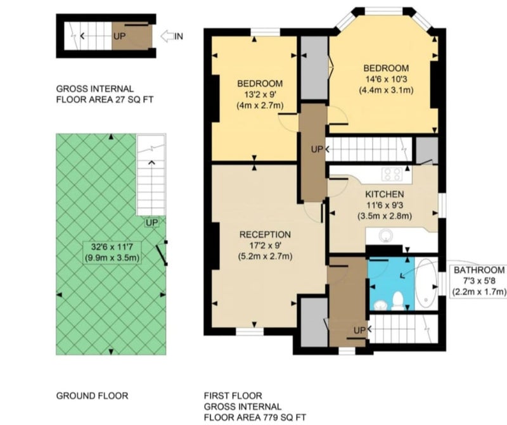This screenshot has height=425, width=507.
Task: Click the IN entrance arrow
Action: click(167, 36)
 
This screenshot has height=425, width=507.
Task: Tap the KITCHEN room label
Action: click(385, 194)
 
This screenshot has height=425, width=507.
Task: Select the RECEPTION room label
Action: click(265, 234)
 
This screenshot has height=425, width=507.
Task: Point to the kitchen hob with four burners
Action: click(392, 174)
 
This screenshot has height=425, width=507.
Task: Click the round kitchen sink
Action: click(385, 235)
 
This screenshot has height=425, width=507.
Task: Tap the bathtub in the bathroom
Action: click(425, 284)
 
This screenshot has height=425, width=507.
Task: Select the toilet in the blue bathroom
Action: click(397, 300)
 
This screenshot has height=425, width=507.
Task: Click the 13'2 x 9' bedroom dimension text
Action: click(260, 94)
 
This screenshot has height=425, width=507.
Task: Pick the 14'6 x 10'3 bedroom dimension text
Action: click(386, 79)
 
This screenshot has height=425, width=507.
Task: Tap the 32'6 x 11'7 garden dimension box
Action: click(112, 253)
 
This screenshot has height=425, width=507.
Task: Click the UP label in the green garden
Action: click(151, 223)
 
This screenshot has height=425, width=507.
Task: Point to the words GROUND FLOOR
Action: click(92, 396)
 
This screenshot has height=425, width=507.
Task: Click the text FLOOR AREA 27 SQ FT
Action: click(105, 99)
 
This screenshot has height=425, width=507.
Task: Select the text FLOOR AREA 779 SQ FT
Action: click(255, 417)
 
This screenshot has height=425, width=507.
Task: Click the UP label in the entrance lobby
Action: click(119, 36)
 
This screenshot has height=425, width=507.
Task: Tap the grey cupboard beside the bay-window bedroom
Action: click(314, 68)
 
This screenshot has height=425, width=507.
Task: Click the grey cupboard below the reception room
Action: click(314, 322)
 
